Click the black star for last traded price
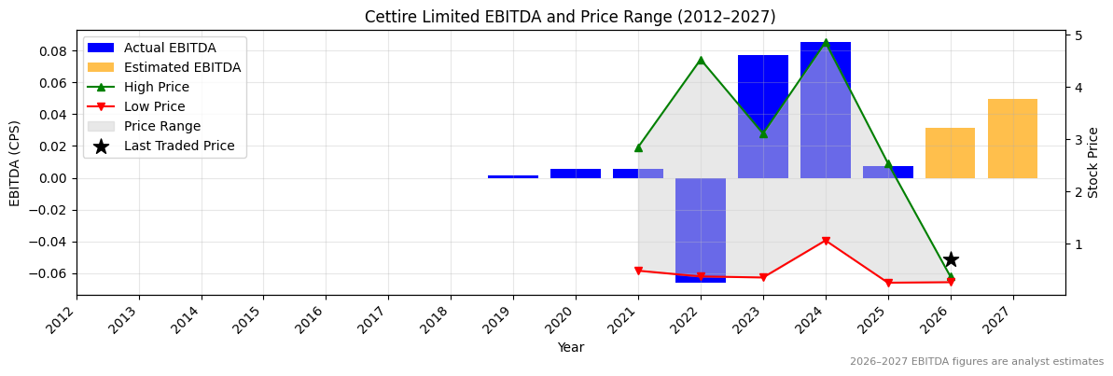click(951, 259)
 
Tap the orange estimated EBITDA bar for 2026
click(950, 153)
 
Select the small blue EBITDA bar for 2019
click(513, 176)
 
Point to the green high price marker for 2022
click(701, 60)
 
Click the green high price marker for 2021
click(638, 147)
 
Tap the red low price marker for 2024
click(826, 241)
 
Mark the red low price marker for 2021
click(638, 271)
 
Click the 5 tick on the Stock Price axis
click(1078, 35)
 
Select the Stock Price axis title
click(1094, 162)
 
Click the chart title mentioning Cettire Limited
click(570, 17)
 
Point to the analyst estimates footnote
click(976, 362)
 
